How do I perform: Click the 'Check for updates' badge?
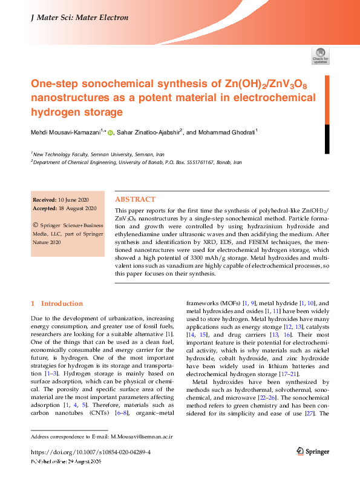[320, 56]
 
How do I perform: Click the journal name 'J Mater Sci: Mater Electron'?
[79, 18]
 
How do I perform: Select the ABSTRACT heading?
[135, 199]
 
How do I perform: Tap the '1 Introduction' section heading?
[57, 303]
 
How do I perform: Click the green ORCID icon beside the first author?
[110, 131]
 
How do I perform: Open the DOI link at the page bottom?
[90, 452]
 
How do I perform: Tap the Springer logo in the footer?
[313, 451]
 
